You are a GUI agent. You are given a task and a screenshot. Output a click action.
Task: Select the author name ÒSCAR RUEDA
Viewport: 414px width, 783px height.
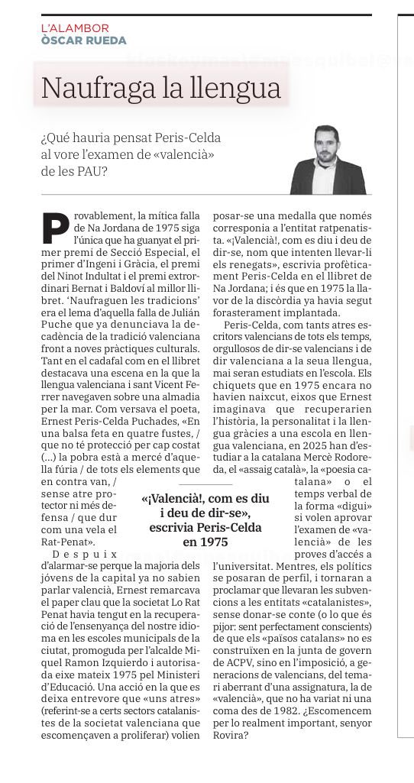tap(84, 40)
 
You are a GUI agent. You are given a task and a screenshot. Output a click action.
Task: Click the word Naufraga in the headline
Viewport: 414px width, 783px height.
tap(89, 89)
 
